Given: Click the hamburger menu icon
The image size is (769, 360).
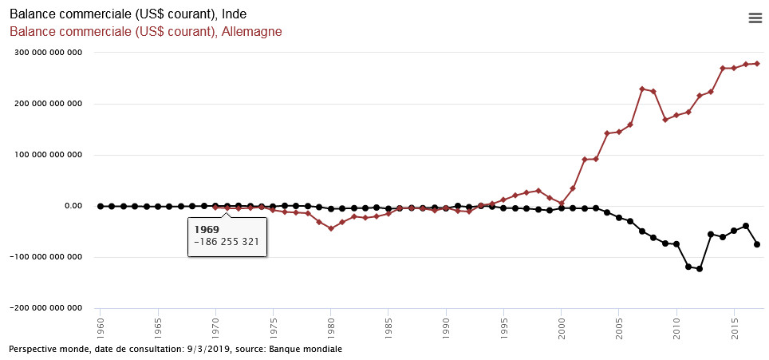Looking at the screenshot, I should coord(755,18).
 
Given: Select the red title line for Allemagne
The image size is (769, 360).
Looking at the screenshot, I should coord(145,31).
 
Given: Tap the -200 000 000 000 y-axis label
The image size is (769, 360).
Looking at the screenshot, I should coord(47,308).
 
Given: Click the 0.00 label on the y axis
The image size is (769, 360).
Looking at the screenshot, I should coord(73,206).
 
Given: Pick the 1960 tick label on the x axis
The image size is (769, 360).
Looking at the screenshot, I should coord(101,327).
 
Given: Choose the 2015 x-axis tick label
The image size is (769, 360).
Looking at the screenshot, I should coord(734,327).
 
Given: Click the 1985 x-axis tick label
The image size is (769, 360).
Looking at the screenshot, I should coord(388,327).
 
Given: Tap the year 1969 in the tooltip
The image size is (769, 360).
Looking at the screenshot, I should coord(207,229).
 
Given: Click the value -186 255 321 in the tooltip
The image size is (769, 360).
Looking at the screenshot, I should coord(227,242).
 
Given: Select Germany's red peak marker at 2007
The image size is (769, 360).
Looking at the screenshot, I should coord(642,89).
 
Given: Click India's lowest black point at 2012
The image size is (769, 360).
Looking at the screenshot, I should coord(700,269).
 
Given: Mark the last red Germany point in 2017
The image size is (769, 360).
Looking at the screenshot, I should coord(757,64).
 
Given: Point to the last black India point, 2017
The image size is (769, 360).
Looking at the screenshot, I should coord(757,244).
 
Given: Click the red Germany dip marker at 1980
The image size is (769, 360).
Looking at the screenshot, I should coord(331,228).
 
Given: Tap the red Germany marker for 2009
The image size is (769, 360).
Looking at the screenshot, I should coord(665,120).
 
